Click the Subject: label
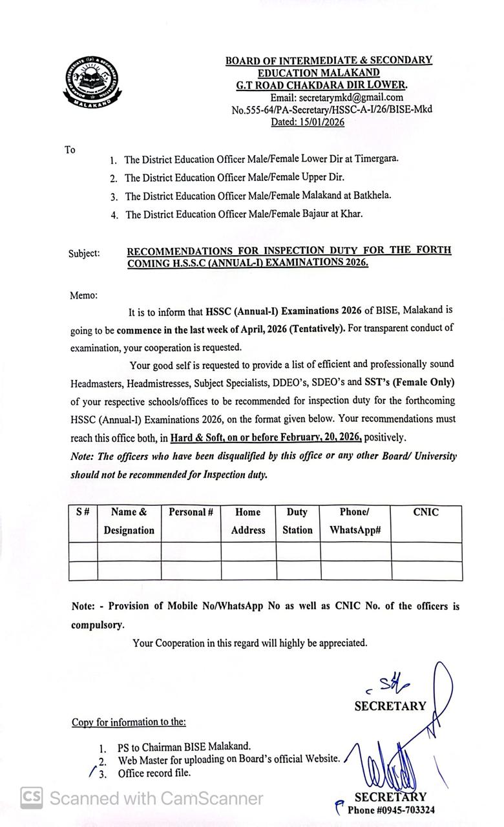tap(85, 253)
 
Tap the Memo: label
tap(83, 295)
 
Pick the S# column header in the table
tap(83, 512)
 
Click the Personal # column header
tap(191, 512)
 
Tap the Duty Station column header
tap(297, 521)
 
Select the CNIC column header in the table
tap(426, 512)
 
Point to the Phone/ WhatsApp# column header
tap(355, 521)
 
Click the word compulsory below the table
tap(97, 625)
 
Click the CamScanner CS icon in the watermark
tap(31, 798)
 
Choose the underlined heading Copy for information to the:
tap(129, 722)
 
